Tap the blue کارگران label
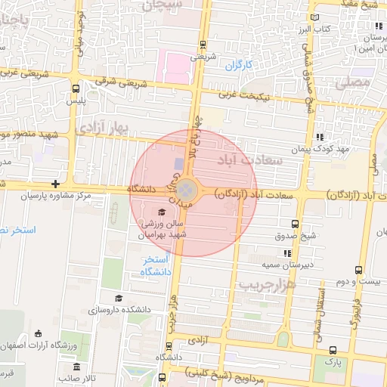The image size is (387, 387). pos(237,66)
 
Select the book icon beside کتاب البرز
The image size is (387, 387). pos(315,17)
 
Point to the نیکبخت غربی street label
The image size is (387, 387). pos(245,96)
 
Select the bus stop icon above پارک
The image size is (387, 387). pos(333,349)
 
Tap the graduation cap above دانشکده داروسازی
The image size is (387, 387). pos(118,298)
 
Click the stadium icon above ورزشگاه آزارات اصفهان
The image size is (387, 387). pos(38,333)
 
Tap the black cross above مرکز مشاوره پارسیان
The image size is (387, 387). pos(55,184)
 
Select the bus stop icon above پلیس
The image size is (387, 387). pos(73,88)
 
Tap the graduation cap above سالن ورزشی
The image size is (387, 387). pos(161,211)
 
